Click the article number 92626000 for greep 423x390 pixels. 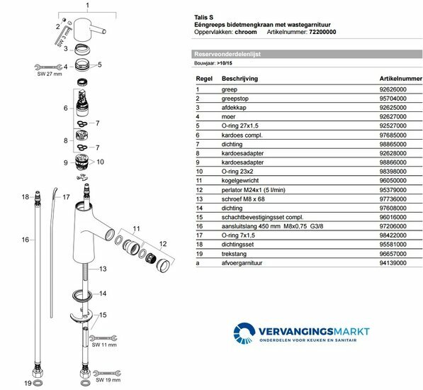pos(393,89)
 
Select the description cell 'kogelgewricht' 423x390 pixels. pos(240,180)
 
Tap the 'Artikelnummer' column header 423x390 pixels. pos(400,79)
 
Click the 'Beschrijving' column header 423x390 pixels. pos(239,79)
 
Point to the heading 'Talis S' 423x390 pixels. pos(203,17)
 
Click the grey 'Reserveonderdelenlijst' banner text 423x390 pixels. pos(227,54)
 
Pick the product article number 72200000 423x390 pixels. pos(322,32)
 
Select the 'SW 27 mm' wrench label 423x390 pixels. pos(50,74)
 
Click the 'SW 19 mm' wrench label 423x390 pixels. pos(108,380)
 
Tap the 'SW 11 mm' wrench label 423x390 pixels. pos(104,345)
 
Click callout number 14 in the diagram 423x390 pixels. pos(103,294)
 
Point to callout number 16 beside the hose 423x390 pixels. pos(25,240)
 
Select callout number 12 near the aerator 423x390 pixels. pos(163,244)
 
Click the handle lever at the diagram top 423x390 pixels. pos(89,29)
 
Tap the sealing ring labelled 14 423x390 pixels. pos(82,295)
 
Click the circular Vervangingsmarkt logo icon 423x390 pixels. pos(244,333)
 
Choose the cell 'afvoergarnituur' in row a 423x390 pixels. pos(242,263)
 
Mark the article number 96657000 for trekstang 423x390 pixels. pos(393,254)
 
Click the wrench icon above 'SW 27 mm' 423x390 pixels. pos(49,67)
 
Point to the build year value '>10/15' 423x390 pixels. pos(225,63)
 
